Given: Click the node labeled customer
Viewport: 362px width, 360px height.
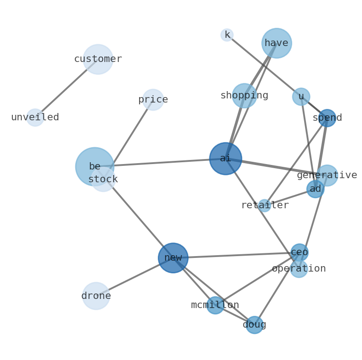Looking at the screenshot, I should click(x=98, y=59).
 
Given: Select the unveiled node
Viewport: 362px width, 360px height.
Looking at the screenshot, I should click(x=35, y=118).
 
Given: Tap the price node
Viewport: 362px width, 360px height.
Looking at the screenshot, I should click(x=153, y=100).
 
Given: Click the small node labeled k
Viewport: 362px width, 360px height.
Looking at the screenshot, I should click(x=227, y=35).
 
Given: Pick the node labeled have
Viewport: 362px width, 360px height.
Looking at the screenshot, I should click(x=277, y=43).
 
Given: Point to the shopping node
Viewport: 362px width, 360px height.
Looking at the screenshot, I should click(x=244, y=96).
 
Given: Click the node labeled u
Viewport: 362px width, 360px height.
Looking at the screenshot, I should click(x=301, y=97).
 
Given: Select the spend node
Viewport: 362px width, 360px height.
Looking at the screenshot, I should click(x=327, y=118).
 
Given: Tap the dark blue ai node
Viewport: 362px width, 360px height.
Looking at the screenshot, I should click(x=226, y=159).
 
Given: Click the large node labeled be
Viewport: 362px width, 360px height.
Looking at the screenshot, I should click(x=94, y=166).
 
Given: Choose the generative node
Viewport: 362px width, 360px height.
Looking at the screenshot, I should click(x=327, y=175).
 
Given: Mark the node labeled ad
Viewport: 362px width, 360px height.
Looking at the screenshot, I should click(x=315, y=189).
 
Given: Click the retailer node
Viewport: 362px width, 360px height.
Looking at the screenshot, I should click(x=264, y=206).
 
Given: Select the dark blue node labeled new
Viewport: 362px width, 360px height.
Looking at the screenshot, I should click(x=173, y=258).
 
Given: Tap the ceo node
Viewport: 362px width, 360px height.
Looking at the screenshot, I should click(x=300, y=252).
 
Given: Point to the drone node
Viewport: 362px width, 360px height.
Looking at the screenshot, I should click(x=96, y=296).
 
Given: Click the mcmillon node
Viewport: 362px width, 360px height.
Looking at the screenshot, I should click(x=215, y=305).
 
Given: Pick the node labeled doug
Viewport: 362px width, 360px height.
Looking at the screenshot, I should click(x=254, y=325).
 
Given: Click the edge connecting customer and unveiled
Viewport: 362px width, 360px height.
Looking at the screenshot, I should click(x=67, y=88).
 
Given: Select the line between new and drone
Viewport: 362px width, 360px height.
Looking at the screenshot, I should click(x=134, y=277).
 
